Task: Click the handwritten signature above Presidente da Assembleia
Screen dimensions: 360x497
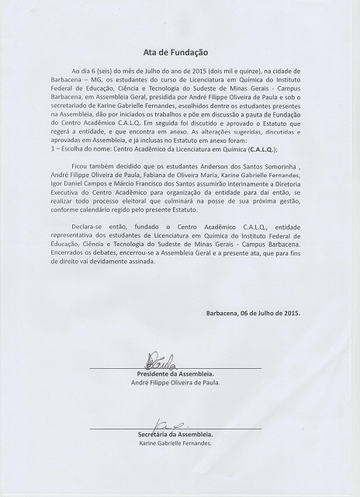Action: pyautogui.click(x=161, y=360)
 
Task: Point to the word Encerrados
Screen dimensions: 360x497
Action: pyautogui.click(x=75, y=262)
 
